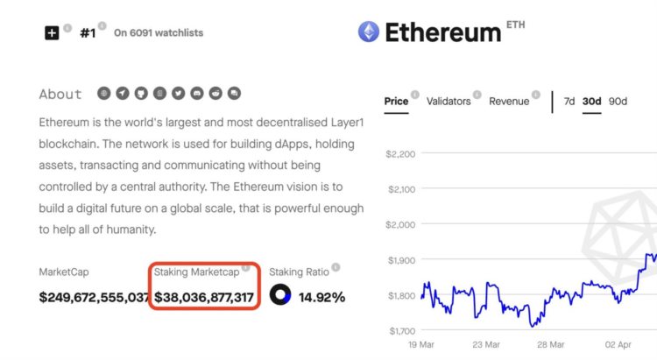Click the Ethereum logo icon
coord(369,32)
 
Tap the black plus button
coord(52,32)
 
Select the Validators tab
coord(449,101)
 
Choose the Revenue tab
coord(509,101)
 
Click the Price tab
coord(396,101)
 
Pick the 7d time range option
coord(569,101)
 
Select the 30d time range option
coord(593,101)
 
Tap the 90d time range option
coord(618,101)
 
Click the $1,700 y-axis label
coord(402,331)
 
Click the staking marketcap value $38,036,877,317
coord(204,298)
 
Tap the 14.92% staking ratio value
coord(322,298)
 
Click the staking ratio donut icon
coord(280,296)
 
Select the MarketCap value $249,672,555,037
coord(94,298)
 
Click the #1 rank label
coord(88,32)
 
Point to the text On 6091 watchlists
coord(159,33)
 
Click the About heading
coord(60,94)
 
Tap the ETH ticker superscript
coord(516,25)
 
